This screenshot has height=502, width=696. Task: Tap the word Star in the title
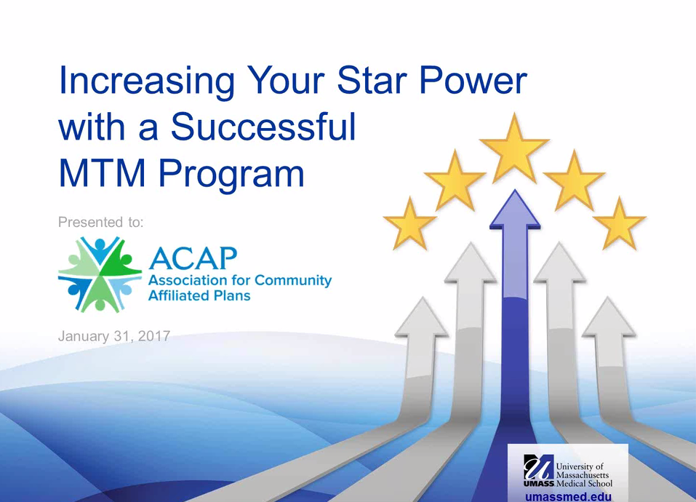coord(372,80)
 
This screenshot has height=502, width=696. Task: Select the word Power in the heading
coord(473,80)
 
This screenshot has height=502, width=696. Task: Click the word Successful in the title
coord(263,127)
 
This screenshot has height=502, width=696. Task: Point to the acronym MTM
coord(102,173)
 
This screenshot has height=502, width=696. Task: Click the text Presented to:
coord(101,222)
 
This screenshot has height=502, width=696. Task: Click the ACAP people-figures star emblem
coord(100,274)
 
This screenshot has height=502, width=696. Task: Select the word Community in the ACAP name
coord(293,281)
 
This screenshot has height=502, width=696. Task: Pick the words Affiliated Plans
coord(199,295)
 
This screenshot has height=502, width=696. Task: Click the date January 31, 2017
coord(114,336)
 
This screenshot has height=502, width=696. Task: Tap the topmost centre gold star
coord(514,148)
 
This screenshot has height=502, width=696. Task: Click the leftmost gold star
coord(409,225)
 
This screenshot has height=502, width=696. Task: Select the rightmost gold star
coord(619,225)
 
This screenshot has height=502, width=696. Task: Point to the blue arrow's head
coord(515,210)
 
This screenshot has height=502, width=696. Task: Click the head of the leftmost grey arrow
coord(422,317)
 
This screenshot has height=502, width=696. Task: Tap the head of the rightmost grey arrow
coord(609,317)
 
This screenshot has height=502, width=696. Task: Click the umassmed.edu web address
coord(568,496)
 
